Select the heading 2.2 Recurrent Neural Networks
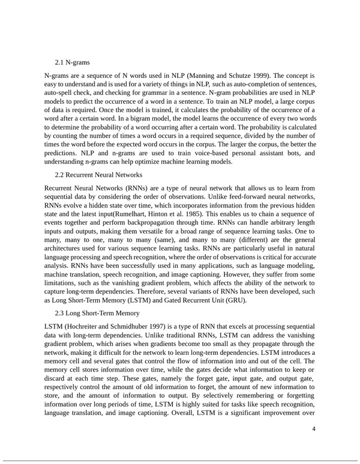98,175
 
